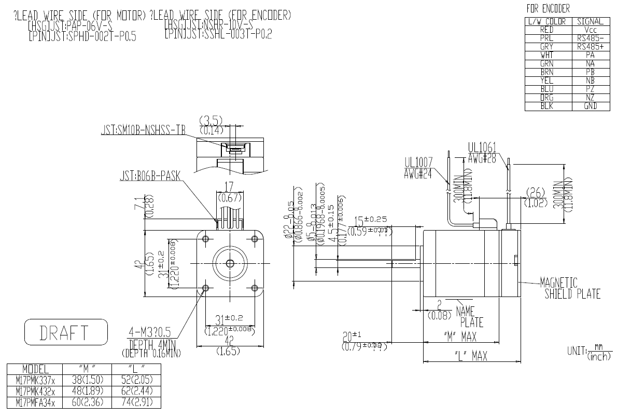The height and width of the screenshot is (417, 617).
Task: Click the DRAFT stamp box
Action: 66,332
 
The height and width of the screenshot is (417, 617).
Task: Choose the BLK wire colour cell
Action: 548,106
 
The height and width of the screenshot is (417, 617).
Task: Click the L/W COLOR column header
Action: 548,21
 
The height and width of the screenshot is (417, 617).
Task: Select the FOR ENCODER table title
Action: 548,8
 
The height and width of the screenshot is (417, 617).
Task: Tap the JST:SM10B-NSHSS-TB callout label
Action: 143,131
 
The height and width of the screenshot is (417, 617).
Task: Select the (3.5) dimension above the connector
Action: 211,121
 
